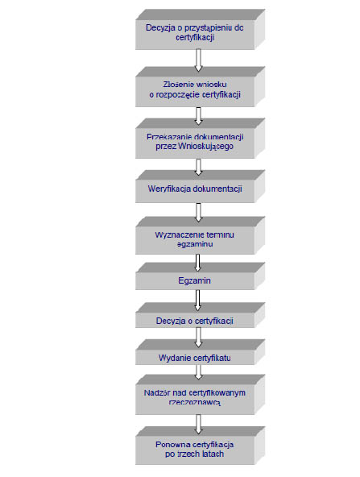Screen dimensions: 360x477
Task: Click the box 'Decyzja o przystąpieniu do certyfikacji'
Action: pyautogui.click(x=200, y=30)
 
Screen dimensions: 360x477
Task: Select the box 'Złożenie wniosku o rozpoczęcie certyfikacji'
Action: pyautogui.click(x=200, y=87)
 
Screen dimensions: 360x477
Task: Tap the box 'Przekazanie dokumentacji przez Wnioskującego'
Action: pyautogui.click(x=200, y=139)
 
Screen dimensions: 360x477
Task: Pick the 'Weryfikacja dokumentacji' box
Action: pyautogui.click(x=200, y=186)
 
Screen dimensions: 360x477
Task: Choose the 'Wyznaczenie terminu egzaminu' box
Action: pyautogui.click(x=200, y=235)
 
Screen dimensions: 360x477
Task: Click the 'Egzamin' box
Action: pyautogui.click(x=200, y=276)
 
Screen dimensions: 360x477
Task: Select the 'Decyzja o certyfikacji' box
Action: pyautogui.click(x=200, y=315)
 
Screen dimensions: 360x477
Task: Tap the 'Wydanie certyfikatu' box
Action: pyautogui.click(x=200, y=352)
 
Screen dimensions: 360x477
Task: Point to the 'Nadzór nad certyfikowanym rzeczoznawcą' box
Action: pyautogui.click(x=200, y=395)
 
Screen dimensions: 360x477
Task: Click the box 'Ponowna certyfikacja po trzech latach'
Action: pyautogui.click(x=200, y=446)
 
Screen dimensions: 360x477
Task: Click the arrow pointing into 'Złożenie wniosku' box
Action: pyautogui.click(x=198, y=60)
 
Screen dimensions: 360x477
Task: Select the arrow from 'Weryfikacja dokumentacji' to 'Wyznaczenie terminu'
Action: pyautogui.click(x=198, y=213)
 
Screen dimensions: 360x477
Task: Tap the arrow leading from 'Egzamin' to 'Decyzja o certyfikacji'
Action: pyautogui.click(x=197, y=301)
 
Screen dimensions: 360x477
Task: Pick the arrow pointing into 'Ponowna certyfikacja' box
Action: pyautogui.click(x=198, y=424)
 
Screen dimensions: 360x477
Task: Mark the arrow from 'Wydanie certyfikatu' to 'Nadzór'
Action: pyautogui.click(x=198, y=372)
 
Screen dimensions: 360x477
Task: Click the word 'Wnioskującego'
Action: pyautogui.click(x=206, y=147)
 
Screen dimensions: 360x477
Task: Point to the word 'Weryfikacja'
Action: pyautogui.click(x=169, y=189)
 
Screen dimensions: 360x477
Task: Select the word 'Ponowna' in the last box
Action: pyautogui.click(x=169, y=445)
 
